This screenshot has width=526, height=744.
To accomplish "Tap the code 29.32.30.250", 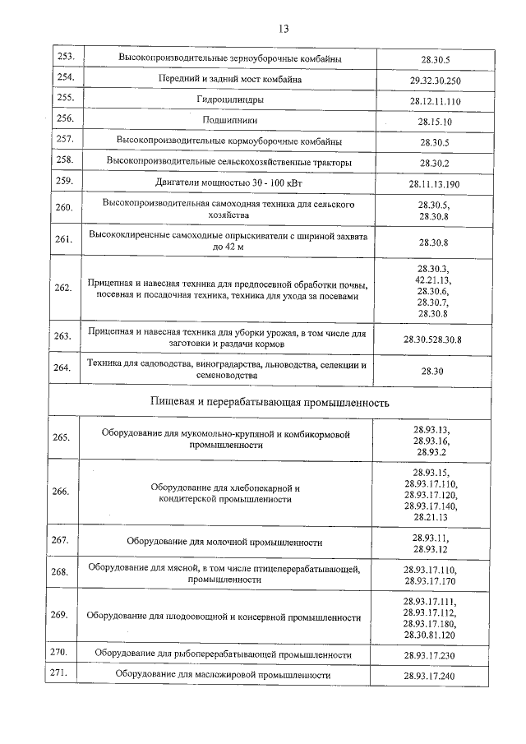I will click(x=435, y=80).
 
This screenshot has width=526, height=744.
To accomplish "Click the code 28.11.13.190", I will click(x=434, y=183).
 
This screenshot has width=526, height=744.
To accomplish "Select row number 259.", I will click(x=65, y=181).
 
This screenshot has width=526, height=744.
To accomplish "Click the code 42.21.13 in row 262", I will click(x=433, y=280).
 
